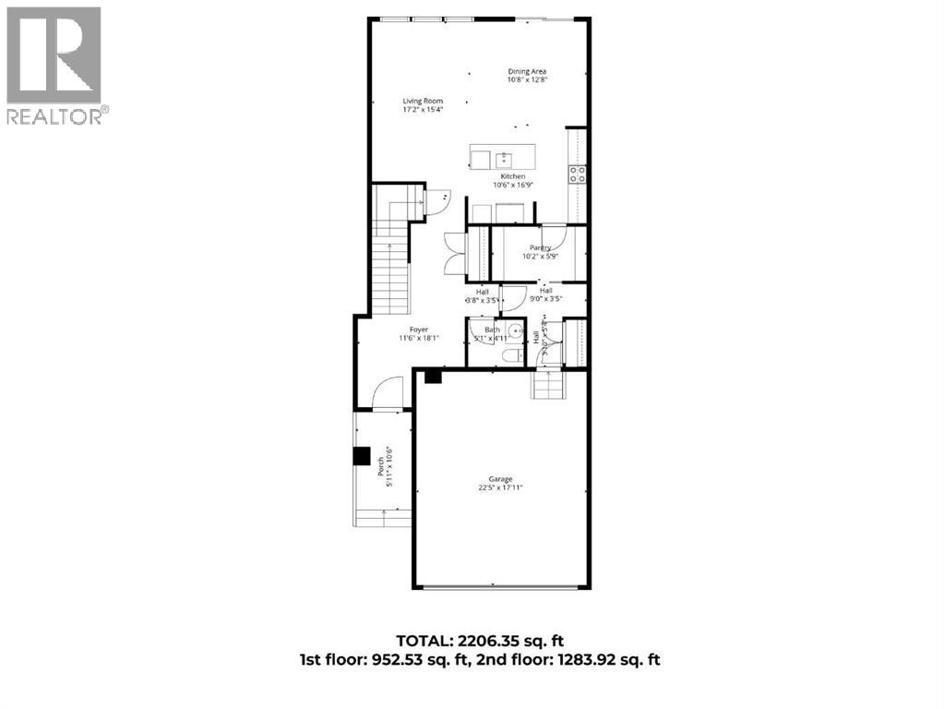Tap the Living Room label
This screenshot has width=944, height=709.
423,101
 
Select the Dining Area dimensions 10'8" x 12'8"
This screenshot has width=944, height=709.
528,80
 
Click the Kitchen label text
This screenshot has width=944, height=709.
513,176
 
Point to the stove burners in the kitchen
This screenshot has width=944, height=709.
578,174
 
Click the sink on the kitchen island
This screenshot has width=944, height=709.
504,159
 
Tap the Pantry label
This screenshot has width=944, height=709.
540,247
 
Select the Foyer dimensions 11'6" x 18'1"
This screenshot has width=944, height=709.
420,339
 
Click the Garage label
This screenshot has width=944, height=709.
501,479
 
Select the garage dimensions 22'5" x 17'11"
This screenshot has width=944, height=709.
500,488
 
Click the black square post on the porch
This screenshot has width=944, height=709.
362,457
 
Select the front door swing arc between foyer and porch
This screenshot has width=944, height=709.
388,391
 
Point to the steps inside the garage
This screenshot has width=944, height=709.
547,385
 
